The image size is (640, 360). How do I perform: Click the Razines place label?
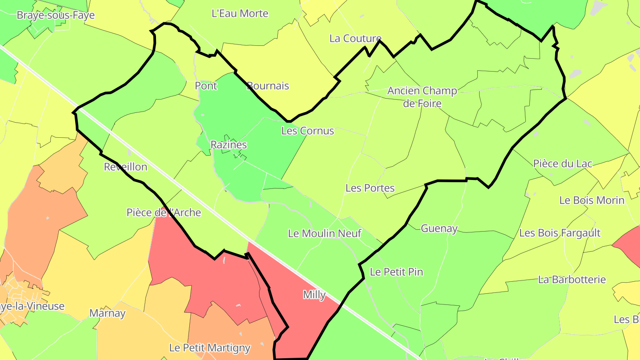point(228,145)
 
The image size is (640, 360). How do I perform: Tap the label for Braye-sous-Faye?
point(56,15)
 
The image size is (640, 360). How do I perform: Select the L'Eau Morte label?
point(240,13)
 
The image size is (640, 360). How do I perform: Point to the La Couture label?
point(355,39)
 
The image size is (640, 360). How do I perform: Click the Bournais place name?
point(268,86)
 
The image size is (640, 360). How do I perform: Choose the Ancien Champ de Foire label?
point(422,97)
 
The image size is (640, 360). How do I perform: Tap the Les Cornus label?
point(308,131)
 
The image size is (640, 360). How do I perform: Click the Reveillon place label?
point(125,167)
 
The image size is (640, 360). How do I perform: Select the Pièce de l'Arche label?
point(164,212)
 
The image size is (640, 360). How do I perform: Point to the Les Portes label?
point(370,188)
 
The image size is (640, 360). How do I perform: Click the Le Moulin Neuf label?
point(324,233)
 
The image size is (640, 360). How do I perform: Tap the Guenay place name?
point(439,228)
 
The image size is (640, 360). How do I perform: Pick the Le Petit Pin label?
point(396,272)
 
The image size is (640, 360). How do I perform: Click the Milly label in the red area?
point(314,295)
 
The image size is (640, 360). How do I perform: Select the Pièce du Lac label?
point(563,164)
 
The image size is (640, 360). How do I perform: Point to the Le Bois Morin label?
point(592,200)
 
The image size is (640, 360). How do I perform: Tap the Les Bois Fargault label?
point(560,233)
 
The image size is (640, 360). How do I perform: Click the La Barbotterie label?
point(572,280)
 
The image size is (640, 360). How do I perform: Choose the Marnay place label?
point(108,313)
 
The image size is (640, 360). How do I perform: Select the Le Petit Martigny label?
point(210,348)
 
